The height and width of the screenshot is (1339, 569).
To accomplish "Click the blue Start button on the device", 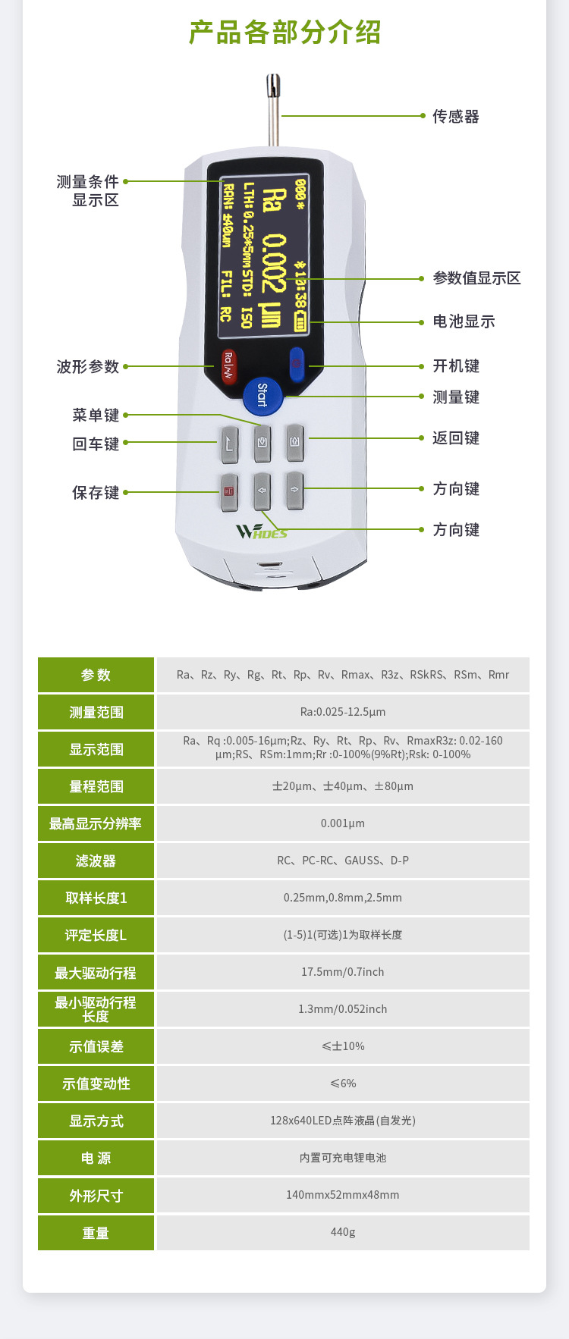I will (262, 395).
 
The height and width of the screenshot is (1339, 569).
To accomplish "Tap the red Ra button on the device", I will (228, 365).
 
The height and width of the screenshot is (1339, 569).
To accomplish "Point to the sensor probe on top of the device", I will (273, 110).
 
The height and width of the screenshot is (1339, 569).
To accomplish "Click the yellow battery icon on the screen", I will (300, 322).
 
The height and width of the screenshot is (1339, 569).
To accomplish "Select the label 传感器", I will (456, 117).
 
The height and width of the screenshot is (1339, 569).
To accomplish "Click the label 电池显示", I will (464, 321).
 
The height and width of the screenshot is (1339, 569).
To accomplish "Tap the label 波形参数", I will (88, 367).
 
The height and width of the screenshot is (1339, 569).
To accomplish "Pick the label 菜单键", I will (96, 415).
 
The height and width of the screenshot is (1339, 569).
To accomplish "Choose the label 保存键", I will (96, 493).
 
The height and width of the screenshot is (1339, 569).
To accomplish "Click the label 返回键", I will (456, 438).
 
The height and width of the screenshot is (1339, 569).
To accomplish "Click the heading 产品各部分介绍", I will (284, 33).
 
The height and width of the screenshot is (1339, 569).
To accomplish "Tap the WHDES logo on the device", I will (261, 532).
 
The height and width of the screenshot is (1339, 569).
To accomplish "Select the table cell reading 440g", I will (343, 1232).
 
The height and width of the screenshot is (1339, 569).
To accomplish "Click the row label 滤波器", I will (96, 861).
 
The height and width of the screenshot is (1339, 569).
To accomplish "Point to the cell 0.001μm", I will (343, 823).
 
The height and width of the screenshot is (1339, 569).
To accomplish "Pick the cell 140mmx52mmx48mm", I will (343, 1195).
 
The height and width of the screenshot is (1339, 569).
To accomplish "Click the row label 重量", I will (96, 1233).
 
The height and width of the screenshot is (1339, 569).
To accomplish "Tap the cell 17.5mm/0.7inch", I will (343, 972).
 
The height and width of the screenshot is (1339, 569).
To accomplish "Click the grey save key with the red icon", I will (229, 491).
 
